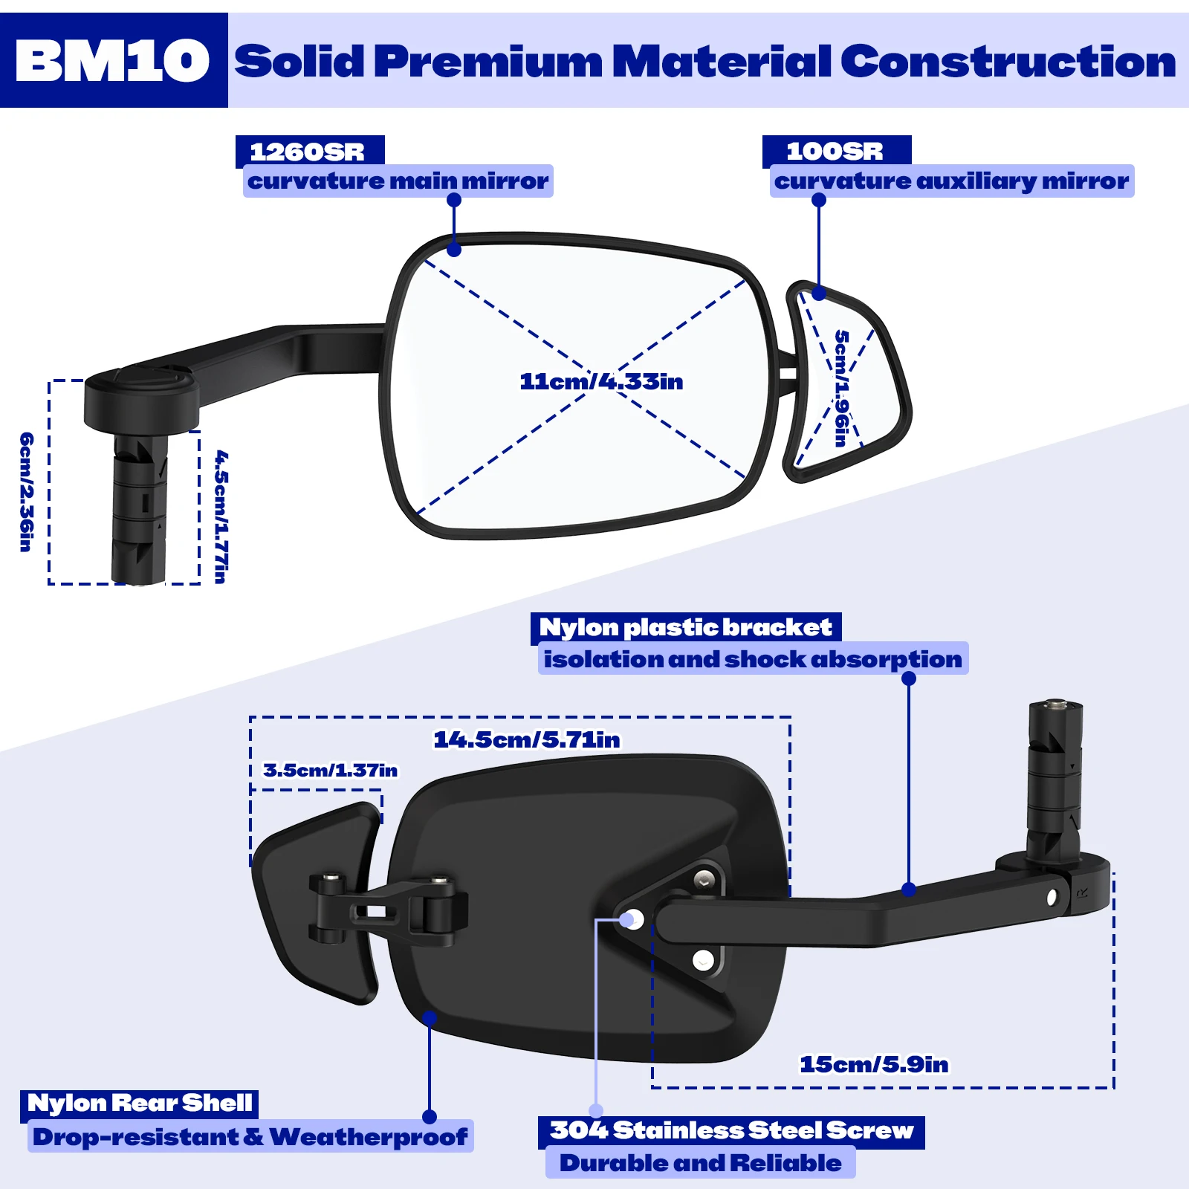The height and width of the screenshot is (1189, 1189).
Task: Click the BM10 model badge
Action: coord(113,61)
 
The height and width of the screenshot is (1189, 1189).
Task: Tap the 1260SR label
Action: coord(308,152)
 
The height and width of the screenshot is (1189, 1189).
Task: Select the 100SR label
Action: coord(835,152)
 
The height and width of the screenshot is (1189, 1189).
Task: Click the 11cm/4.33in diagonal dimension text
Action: coord(601,382)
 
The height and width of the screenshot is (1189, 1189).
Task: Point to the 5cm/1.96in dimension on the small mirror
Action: coord(841,388)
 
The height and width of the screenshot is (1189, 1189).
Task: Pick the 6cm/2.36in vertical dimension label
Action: coord(26,492)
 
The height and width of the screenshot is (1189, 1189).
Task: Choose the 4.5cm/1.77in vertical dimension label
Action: coord(221,516)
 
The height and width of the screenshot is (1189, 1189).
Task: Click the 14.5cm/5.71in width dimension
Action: coord(527,740)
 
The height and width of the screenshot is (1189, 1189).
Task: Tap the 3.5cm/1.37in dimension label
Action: coord(331,771)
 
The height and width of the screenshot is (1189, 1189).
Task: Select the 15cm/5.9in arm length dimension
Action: coord(874,1065)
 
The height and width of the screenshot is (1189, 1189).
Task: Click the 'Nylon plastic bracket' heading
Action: coord(685,628)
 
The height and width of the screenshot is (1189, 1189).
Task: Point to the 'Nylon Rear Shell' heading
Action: coord(140,1104)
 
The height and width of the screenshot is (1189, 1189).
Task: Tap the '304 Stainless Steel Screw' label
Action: coord(732,1131)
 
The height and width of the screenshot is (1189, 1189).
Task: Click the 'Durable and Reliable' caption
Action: coord(701,1163)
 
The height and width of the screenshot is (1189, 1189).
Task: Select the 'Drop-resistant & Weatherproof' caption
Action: coord(250,1137)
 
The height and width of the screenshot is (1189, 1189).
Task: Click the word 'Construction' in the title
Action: coord(1008,61)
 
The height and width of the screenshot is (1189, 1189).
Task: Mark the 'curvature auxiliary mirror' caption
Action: coord(951,181)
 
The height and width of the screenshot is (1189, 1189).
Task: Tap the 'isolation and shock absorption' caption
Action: coord(753,660)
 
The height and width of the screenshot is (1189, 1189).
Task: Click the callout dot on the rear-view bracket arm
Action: coord(909,889)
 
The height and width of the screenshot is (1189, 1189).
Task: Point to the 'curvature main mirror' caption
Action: coord(398,181)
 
